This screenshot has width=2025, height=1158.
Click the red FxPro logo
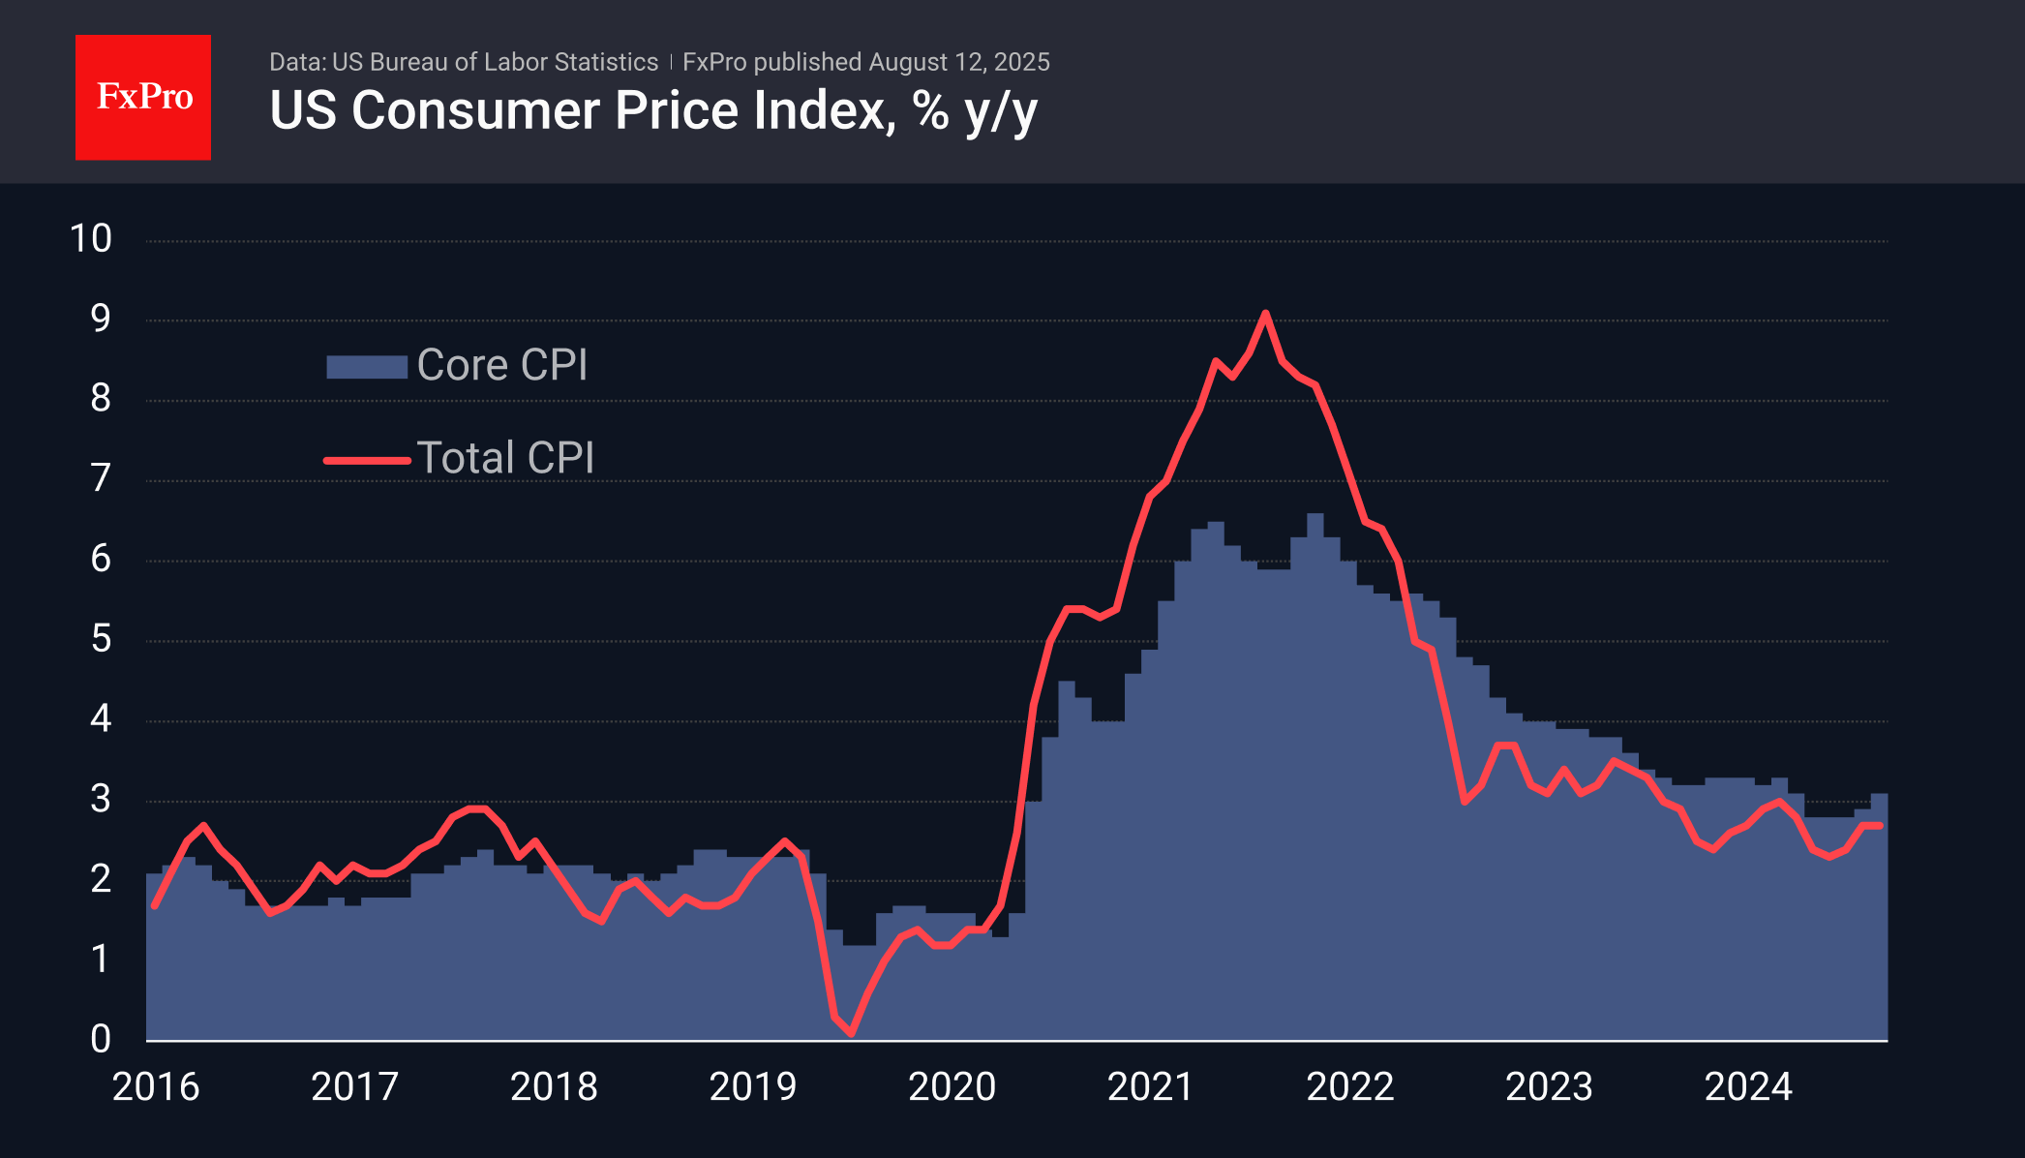tap(143, 97)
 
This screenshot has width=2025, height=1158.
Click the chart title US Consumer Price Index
tap(652, 110)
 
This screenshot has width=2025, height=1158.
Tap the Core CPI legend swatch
tap(366, 367)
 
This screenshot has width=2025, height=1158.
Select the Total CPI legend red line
tap(367, 460)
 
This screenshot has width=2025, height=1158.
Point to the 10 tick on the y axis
tap(91, 239)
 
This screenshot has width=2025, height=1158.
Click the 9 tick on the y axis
tap(101, 320)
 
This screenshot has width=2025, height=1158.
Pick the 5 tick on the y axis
tap(101, 640)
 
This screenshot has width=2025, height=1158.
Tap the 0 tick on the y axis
tap(101, 1040)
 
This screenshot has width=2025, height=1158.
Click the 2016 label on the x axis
tap(156, 1087)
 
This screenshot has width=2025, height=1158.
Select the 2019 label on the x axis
tap(752, 1087)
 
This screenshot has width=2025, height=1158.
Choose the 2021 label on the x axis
tap(1150, 1087)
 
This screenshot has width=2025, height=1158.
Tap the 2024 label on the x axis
tap(1747, 1087)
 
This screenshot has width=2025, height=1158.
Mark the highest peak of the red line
tap(1265, 313)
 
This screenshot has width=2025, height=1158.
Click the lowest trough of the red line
tap(851, 1033)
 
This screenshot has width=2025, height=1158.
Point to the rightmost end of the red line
tap(1880, 826)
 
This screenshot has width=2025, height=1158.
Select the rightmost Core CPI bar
tap(1879, 920)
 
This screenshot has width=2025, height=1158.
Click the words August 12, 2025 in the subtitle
tap(958, 62)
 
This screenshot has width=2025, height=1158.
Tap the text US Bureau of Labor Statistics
tap(495, 62)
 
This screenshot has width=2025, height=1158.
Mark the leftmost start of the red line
tap(154, 906)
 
